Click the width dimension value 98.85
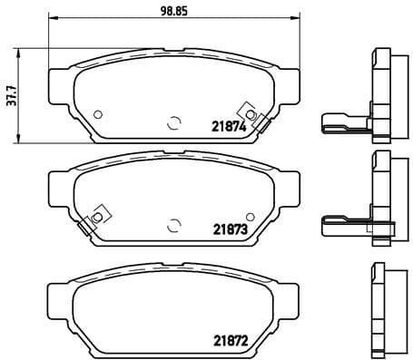173,10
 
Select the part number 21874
230,128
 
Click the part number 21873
230,230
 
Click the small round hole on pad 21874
98,112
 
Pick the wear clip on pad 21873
93,219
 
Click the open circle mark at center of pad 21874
173,121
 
